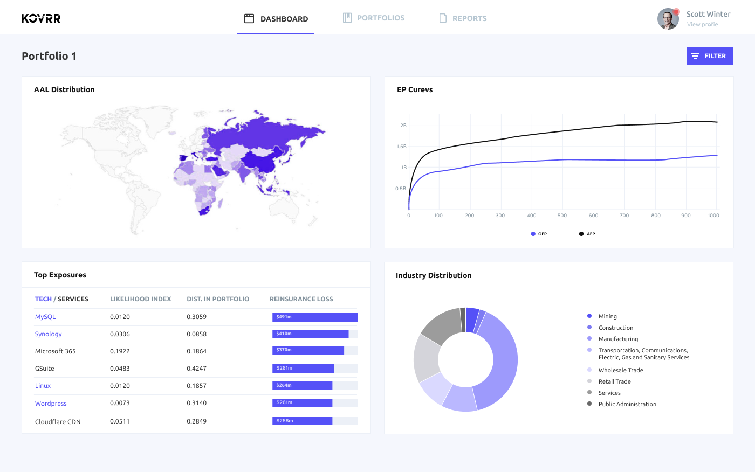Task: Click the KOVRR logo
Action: (x=41, y=18)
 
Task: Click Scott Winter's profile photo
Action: (x=668, y=19)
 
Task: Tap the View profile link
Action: (x=702, y=24)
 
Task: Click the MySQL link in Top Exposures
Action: (x=45, y=317)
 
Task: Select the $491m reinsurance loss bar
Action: (x=315, y=317)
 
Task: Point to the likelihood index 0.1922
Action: (x=120, y=351)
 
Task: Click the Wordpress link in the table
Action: (x=51, y=404)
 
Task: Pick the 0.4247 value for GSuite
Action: (x=196, y=369)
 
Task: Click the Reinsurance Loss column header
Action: (x=301, y=299)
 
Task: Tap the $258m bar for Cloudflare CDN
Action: (x=302, y=421)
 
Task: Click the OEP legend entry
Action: (x=539, y=234)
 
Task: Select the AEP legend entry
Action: (x=587, y=234)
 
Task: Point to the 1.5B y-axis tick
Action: (x=401, y=147)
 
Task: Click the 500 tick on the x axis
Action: (x=562, y=216)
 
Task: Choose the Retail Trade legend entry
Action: (x=614, y=381)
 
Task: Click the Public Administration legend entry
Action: (x=627, y=404)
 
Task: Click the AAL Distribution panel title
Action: (x=64, y=89)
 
